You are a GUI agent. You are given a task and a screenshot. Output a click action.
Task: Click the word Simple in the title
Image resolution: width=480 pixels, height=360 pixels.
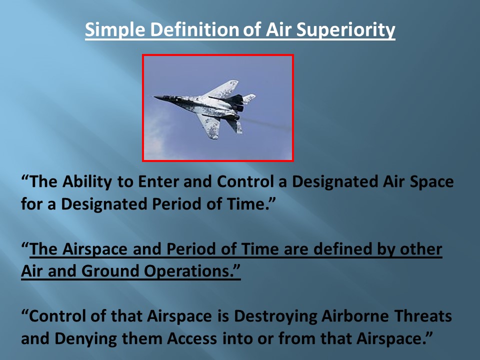pyautogui.click(x=115, y=30)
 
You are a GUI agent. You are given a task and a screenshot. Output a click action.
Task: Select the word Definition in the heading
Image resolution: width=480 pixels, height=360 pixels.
pyautogui.click(x=194, y=29)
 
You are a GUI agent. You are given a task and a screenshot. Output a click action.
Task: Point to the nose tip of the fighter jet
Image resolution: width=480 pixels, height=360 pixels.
pyautogui.click(x=154, y=97)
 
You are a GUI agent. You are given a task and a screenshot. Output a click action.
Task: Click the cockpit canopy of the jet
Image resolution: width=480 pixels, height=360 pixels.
pyautogui.click(x=171, y=98)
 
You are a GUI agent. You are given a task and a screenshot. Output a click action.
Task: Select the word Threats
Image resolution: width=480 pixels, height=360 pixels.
pyautogui.click(x=423, y=316)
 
